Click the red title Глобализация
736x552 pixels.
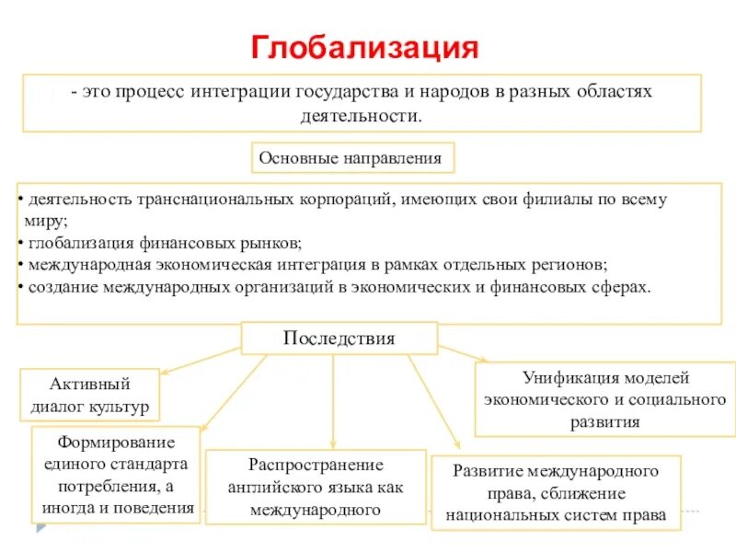tap(365, 48)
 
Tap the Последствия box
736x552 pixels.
tap(339, 339)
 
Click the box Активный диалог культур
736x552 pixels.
tap(89, 395)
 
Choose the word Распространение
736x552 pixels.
tap(316, 465)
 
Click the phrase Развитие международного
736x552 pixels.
tap(556, 471)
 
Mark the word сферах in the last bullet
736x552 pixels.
tap(625, 287)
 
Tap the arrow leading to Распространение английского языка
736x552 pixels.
tap(333, 405)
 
